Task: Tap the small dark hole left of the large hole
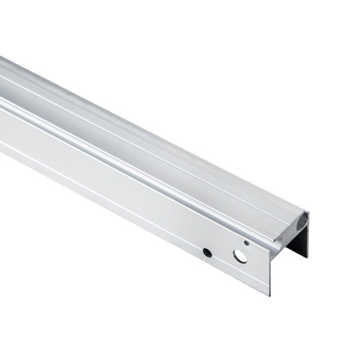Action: click(207, 252)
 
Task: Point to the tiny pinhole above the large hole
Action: click(246, 243)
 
